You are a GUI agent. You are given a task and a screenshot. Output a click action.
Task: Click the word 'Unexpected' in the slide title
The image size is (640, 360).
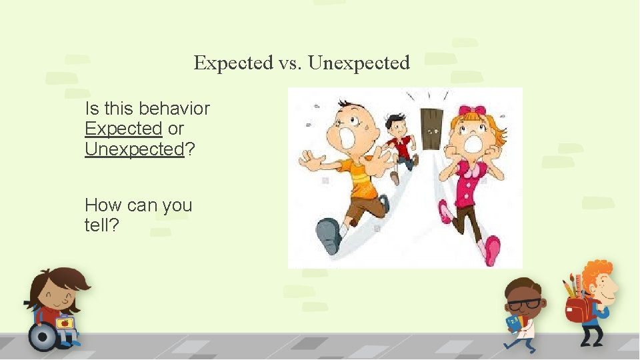(x=360, y=63)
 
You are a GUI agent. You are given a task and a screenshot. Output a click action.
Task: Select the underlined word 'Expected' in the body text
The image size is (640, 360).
(x=124, y=128)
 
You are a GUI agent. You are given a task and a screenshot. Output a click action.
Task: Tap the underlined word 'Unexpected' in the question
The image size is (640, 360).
(x=134, y=149)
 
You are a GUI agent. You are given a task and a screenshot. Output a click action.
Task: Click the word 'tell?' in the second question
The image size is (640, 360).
(x=102, y=225)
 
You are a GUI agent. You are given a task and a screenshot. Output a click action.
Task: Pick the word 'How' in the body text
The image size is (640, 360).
(x=101, y=205)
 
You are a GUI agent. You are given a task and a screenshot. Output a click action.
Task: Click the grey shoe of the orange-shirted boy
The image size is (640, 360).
(x=328, y=235)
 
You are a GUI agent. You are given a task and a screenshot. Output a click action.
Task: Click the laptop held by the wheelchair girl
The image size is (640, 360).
(x=65, y=323)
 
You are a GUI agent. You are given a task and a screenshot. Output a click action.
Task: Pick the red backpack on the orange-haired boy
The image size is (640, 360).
(x=577, y=311)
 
